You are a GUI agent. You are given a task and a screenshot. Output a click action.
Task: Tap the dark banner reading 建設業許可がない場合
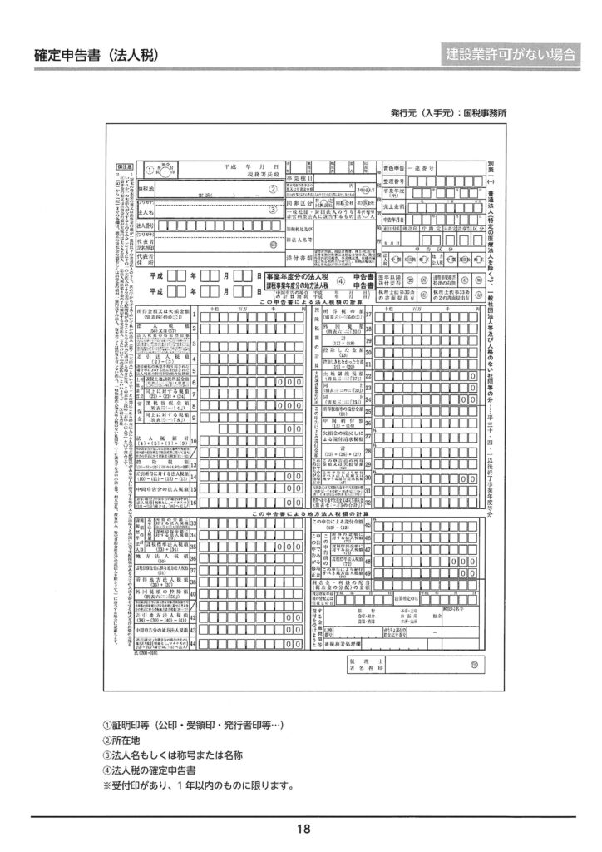tap(511, 55)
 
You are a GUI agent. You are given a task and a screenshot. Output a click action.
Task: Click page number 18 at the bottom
tap(301, 828)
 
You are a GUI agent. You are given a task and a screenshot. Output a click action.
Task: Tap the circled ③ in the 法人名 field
tap(271, 210)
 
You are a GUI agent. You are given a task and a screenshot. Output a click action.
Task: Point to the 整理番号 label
tap(393, 180)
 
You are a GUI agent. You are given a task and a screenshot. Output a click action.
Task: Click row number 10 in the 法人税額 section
tap(193, 440)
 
